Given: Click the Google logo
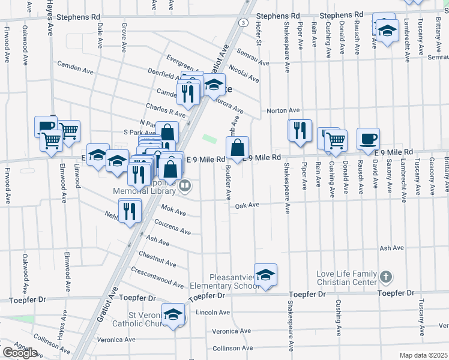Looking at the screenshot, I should [x=20, y=353].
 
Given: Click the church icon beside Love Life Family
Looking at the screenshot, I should [x=386, y=277].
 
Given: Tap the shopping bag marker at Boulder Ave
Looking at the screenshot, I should [x=238, y=148].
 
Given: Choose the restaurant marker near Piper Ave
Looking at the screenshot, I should [x=300, y=130].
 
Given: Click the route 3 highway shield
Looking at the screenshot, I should [x=242, y=22].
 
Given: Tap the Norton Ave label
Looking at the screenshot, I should [x=283, y=110].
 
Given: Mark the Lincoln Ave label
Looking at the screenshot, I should [x=213, y=313].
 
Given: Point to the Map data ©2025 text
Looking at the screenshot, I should [x=423, y=355].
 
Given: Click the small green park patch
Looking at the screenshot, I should [x=209, y=139].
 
